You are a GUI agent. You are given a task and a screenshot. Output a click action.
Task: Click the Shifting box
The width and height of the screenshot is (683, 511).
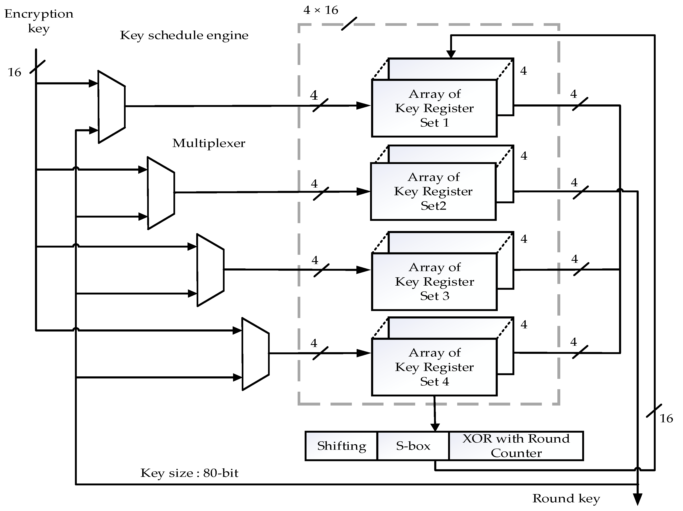point(341,446)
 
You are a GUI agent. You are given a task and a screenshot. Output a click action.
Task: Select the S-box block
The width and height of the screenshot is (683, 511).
point(413,446)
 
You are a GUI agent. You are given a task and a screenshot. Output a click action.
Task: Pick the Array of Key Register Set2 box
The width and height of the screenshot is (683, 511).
point(433,191)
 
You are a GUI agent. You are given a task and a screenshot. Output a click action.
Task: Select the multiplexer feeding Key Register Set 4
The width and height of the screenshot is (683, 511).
point(255,354)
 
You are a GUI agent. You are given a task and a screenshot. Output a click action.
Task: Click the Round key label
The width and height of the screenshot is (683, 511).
point(566,498)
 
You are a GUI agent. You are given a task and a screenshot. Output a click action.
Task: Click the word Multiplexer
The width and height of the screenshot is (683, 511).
point(208,143)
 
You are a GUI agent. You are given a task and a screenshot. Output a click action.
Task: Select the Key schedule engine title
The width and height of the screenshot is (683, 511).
point(184,35)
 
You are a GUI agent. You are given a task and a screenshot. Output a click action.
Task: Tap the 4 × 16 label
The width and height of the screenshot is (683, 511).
point(321,10)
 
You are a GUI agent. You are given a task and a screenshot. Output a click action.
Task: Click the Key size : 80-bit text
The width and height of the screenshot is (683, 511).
point(189,473)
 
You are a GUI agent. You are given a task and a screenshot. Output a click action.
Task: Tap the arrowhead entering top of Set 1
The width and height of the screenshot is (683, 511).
point(451,54)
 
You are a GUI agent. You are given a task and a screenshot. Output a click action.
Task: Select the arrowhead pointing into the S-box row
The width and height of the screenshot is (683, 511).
point(435,427)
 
